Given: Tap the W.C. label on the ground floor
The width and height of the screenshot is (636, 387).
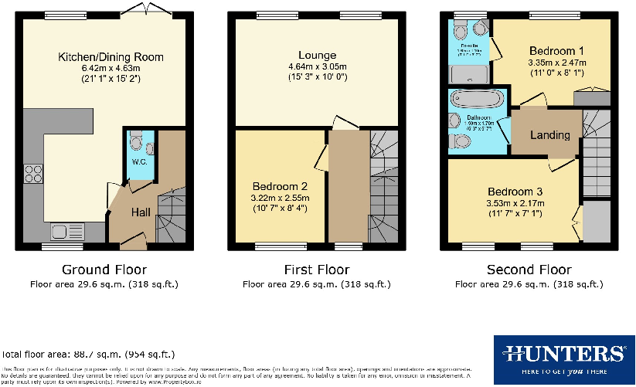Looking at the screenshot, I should tap(139, 162).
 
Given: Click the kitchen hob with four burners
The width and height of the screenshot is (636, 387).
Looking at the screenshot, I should tap(34, 174).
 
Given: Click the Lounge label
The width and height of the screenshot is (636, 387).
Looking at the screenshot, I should tap(317, 55).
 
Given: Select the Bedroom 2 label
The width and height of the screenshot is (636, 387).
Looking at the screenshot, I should tap(280, 186).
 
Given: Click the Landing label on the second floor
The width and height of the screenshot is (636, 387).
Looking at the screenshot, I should tap(549, 135).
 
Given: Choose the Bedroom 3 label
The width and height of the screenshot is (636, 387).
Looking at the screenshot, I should tap(514, 192).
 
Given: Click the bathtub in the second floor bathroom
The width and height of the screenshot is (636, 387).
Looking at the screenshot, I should tap(476, 99).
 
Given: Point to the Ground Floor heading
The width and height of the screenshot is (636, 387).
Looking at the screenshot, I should tap(104, 270).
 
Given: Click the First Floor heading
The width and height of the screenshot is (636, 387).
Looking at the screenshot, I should tap(317, 270).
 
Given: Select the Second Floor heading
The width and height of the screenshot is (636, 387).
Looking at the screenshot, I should tap(529, 270).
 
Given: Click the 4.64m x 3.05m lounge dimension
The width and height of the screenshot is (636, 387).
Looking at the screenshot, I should tap(317, 66).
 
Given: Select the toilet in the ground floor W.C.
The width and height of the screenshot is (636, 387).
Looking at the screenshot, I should tap(136, 142).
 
